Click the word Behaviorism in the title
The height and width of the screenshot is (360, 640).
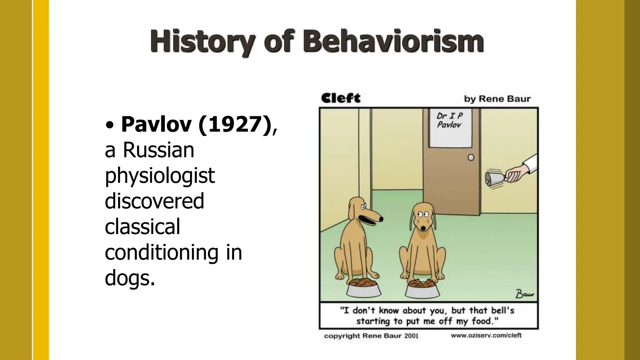(x=393, y=42)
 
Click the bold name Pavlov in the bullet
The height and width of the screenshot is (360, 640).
(x=156, y=125)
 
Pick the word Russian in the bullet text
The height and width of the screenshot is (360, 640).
(x=158, y=150)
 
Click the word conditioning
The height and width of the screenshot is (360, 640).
(x=161, y=252)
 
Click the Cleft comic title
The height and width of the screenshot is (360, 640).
(x=341, y=98)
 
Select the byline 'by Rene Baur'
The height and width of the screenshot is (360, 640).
(x=497, y=99)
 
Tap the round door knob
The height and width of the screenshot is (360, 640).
(x=471, y=157)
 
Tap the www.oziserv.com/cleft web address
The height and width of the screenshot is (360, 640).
(x=486, y=336)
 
